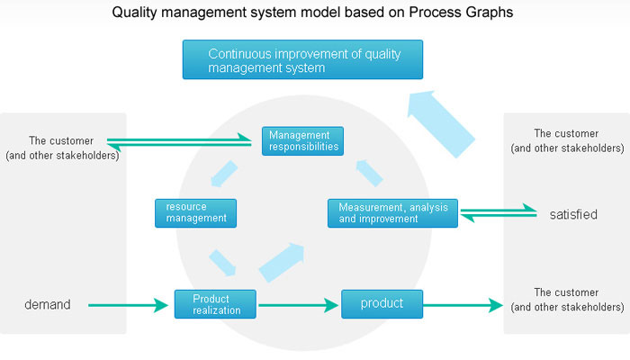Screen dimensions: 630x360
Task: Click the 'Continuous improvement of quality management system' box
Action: coord(302,59)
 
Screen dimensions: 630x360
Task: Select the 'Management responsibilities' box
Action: coord(302,141)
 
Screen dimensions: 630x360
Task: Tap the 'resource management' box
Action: coord(195,213)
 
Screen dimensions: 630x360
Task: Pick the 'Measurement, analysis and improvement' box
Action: coord(392,213)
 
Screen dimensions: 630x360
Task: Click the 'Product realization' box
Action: coord(215,304)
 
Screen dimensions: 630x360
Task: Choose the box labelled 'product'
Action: coord(382,304)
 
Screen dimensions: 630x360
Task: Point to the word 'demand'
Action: coord(48,304)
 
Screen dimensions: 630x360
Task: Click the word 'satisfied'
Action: coord(573,214)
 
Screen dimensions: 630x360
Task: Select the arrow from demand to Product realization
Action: coord(128,305)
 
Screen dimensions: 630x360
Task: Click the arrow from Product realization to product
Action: coord(298,305)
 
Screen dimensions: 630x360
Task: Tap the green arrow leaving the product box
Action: coord(463,305)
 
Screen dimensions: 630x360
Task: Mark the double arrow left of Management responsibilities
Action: coord(179,142)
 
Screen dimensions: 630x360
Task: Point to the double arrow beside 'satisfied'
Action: coord(499,213)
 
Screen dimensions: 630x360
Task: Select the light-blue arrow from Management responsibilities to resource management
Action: coord(224,174)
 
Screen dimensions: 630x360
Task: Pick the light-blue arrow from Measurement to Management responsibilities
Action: coord(369,173)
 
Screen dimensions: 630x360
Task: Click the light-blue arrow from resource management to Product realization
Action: coord(222,263)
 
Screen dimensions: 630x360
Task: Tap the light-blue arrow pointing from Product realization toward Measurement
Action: coord(282,262)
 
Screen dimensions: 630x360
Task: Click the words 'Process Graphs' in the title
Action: coord(461,12)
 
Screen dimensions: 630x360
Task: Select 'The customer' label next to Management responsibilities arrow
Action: coord(61,140)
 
